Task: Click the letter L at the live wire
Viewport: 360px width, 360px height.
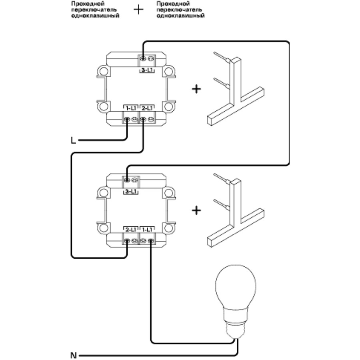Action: (x=73, y=140)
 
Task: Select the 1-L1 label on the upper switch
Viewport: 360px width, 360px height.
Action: (x=130, y=108)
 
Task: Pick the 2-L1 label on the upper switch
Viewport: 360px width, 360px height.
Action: (x=146, y=108)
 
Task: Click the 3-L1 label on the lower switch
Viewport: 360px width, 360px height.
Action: (x=130, y=192)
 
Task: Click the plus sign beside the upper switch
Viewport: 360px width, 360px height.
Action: (x=196, y=89)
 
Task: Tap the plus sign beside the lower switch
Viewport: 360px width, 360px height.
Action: (x=196, y=210)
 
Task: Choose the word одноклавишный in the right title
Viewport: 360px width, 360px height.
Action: (x=181, y=16)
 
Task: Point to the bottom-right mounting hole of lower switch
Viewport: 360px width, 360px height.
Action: (x=170, y=228)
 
